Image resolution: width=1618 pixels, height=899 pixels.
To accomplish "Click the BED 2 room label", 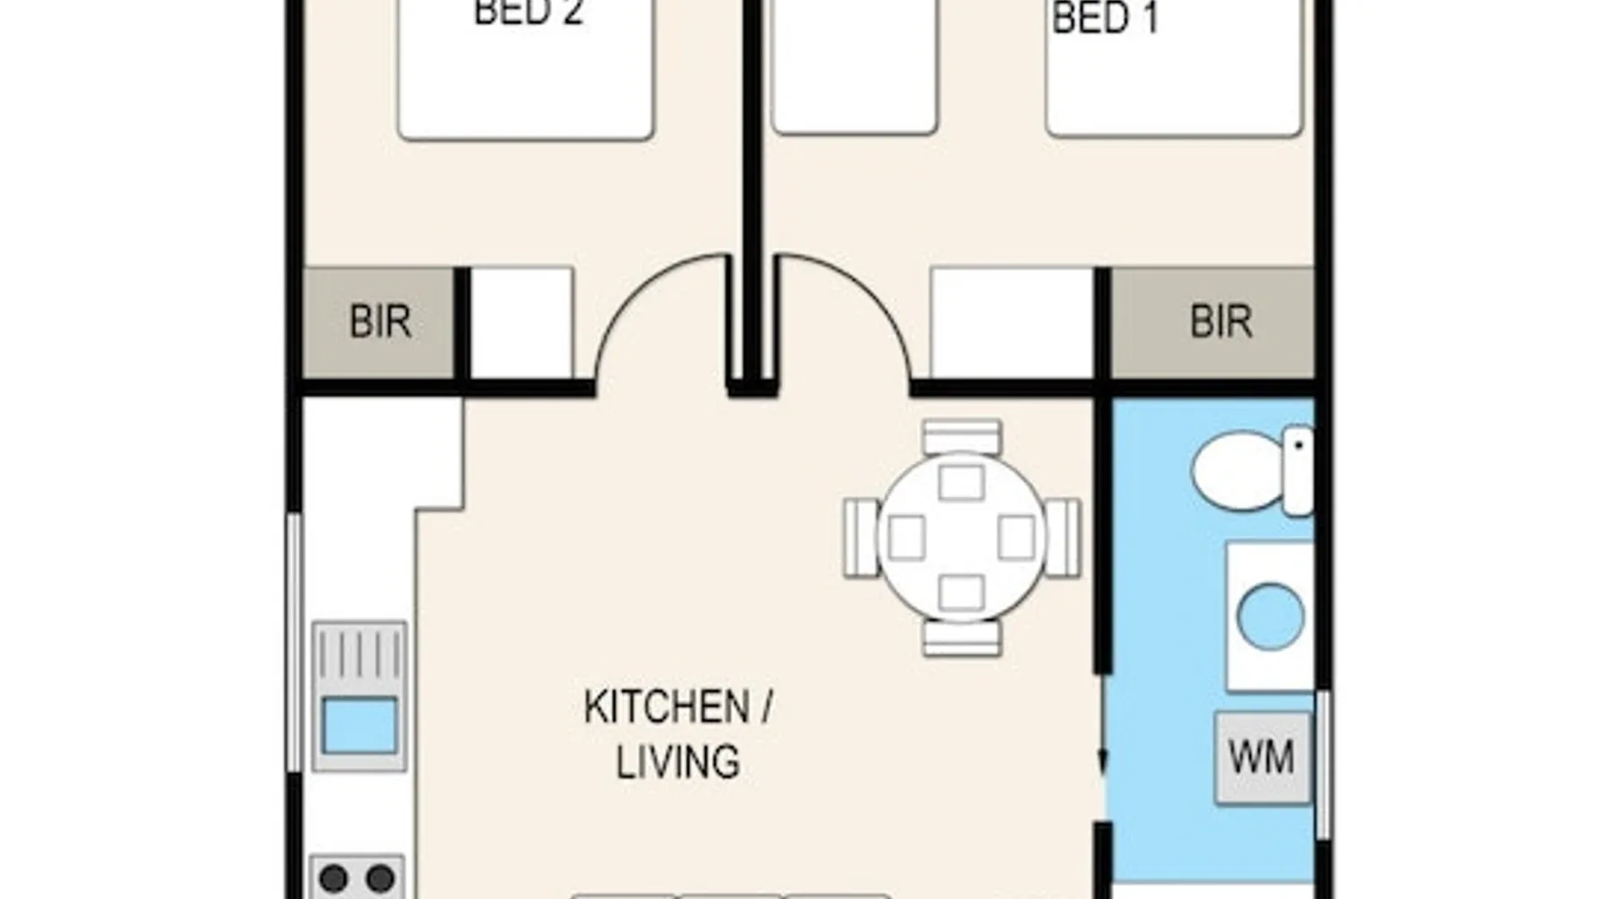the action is (x=529, y=13).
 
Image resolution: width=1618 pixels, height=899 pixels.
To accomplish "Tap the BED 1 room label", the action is (x=1105, y=18).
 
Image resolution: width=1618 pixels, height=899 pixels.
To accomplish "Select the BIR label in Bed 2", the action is (x=380, y=321).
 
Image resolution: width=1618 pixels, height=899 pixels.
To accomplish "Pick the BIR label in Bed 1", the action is (x=1221, y=321).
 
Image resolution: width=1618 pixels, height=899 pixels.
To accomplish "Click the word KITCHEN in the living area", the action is (x=666, y=707).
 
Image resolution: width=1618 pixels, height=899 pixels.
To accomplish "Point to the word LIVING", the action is (x=678, y=761).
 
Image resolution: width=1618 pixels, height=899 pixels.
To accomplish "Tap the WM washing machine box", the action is (x=1262, y=757).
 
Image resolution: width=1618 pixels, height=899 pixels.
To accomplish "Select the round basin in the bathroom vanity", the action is (x=1270, y=616).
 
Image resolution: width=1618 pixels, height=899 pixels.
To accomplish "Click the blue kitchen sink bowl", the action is (x=360, y=725).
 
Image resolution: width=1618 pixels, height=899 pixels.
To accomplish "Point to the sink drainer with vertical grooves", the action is (x=360, y=654).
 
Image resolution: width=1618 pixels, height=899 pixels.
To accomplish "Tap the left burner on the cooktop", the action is (x=333, y=878).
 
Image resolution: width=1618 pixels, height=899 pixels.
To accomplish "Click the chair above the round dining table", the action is (x=961, y=437).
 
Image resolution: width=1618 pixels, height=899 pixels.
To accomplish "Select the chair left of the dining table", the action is (x=860, y=538).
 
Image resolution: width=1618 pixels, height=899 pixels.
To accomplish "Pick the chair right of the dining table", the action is (x=1063, y=538).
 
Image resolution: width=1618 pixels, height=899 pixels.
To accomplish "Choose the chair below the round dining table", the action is (x=961, y=637).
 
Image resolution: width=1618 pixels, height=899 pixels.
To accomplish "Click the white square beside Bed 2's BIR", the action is (x=522, y=323).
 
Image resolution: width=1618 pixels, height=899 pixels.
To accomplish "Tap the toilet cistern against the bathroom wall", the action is (x=1298, y=471).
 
